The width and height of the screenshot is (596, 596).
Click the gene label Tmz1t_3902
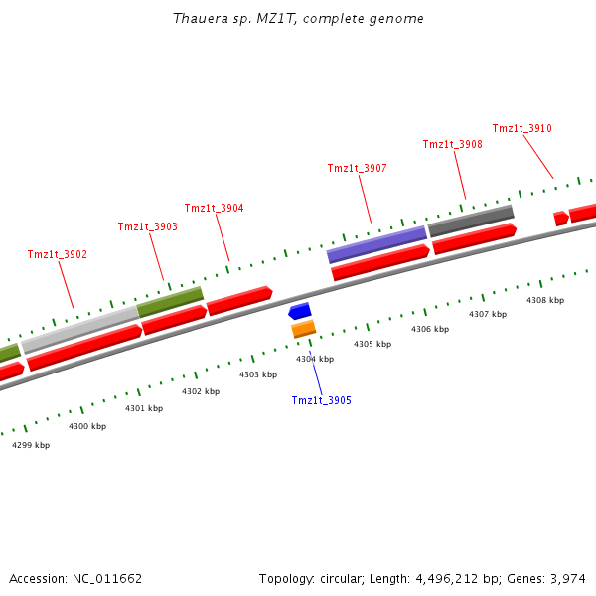(57, 254)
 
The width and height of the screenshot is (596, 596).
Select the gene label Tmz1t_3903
(147, 226)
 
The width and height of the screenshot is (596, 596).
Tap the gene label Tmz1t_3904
(214, 208)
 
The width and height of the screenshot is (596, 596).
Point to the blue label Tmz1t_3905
(321, 400)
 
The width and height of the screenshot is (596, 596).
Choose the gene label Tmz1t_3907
(357, 168)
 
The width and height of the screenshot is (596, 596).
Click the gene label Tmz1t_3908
(452, 144)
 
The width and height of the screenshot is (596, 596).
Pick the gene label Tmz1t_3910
(521, 128)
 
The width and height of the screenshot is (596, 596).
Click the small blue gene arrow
(300, 311)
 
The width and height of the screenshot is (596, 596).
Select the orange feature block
(304, 328)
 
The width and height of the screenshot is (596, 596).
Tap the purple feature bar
(376, 244)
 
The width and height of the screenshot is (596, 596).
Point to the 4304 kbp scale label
(314, 359)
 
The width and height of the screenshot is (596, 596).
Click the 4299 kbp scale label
(31, 445)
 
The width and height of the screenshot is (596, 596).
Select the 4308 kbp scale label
(544, 300)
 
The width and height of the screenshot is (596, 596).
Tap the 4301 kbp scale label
(143, 408)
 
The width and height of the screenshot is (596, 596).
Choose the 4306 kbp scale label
(430, 329)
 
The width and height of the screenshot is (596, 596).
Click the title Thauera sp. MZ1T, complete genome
(298, 19)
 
